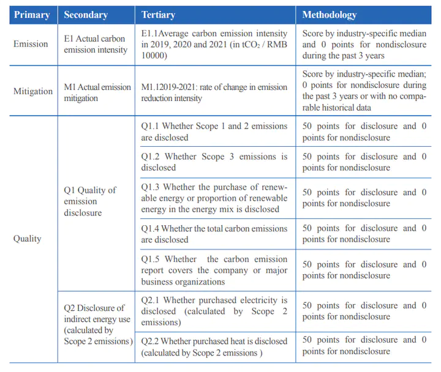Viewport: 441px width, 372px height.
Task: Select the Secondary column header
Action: [x=86, y=15]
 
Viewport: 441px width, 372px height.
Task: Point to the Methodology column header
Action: [x=329, y=15]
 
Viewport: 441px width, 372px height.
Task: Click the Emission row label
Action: [x=31, y=43]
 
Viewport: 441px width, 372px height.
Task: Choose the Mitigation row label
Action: [x=33, y=91]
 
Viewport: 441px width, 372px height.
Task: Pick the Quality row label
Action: [x=28, y=239]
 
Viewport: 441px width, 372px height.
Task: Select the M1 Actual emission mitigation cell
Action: [x=97, y=92]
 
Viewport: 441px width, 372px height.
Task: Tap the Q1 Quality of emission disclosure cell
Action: [x=90, y=201]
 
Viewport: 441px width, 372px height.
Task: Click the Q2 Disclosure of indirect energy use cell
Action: [x=97, y=324]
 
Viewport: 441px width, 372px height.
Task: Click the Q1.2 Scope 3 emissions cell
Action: [x=214, y=162]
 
